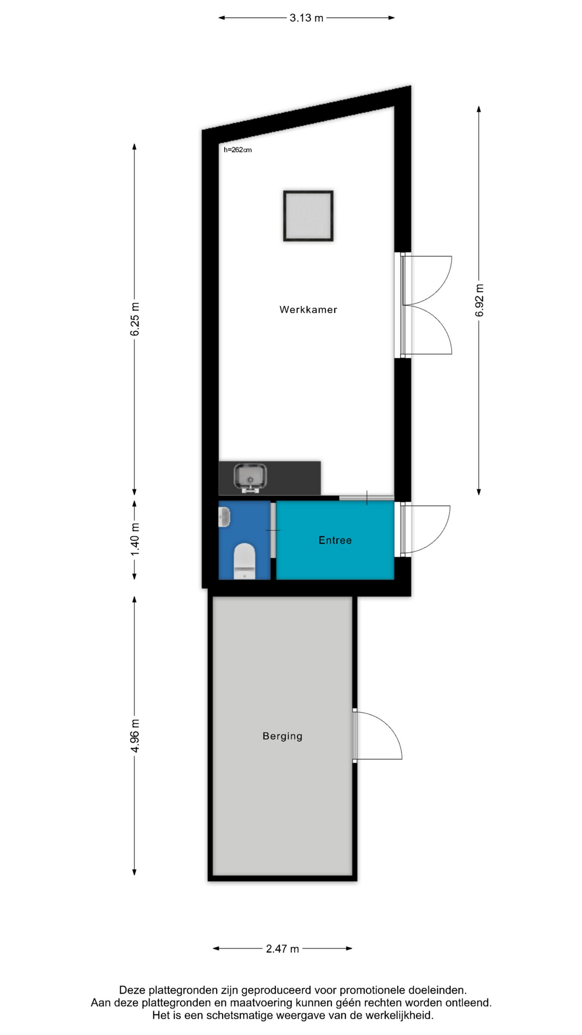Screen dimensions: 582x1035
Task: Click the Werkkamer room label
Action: tap(308, 309)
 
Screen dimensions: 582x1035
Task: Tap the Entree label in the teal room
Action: tap(335, 540)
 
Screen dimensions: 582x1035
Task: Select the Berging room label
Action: tap(282, 736)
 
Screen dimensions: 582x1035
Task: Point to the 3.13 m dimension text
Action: tap(307, 18)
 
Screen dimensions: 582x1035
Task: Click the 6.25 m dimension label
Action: tap(135, 319)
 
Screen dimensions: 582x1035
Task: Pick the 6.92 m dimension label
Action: tap(479, 301)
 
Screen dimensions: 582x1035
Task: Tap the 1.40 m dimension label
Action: tap(135, 540)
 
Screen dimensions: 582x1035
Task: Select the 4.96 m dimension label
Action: tap(135, 736)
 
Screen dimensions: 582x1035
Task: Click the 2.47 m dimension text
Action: tap(282, 949)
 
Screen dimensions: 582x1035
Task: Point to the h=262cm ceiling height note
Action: tap(238, 150)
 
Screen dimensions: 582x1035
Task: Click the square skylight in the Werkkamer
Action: tap(308, 216)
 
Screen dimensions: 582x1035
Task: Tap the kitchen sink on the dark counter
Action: tap(250, 478)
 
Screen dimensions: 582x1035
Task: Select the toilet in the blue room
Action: tap(245, 561)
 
